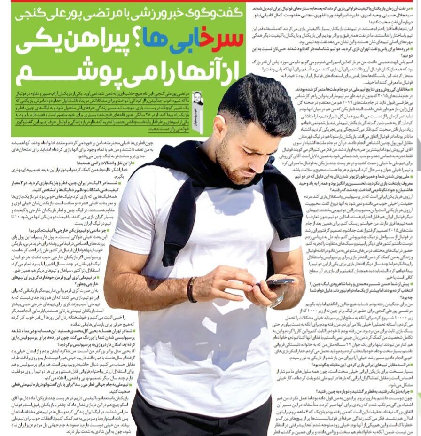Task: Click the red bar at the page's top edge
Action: (210, 1)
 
